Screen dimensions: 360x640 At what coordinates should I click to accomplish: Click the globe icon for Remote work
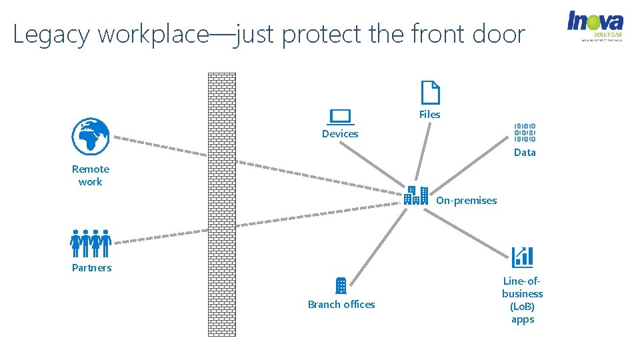(90, 137)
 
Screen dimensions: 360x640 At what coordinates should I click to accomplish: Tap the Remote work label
(91, 175)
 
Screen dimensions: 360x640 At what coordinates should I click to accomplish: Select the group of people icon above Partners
(91, 243)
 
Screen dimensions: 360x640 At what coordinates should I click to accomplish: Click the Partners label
(92, 268)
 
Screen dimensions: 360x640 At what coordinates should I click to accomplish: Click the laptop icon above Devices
(341, 117)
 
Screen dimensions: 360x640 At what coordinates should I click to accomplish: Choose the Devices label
(340, 134)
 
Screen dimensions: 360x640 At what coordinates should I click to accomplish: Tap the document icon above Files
(431, 93)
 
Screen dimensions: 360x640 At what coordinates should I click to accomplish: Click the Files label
(430, 115)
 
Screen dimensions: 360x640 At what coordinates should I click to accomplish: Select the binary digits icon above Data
(525, 133)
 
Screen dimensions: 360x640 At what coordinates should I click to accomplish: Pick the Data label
(525, 153)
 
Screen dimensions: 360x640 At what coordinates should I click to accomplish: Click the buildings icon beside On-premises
(416, 195)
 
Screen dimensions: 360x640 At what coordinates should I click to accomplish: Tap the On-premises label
(467, 201)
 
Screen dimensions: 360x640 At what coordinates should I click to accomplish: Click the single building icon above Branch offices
(341, 285)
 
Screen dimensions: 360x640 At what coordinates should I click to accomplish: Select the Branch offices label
(341, 305)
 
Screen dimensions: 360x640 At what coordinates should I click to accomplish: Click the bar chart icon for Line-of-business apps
(522, 257)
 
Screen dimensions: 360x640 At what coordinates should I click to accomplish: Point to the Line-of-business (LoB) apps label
(523, 300)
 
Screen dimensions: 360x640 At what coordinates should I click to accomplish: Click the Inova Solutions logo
(595, 25)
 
